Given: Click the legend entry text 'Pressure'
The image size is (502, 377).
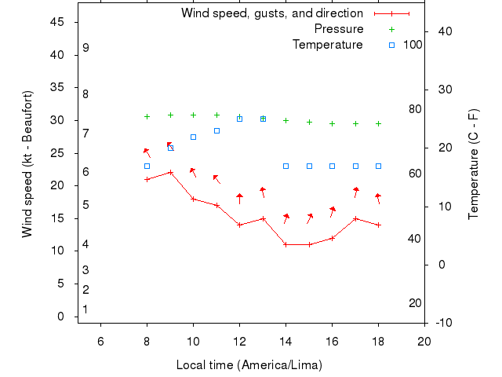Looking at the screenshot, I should (x=339, y=29).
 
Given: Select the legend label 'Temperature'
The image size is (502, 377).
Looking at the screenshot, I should (x=328, y=45).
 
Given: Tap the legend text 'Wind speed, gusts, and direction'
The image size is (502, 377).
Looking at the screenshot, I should (x=272, y=13).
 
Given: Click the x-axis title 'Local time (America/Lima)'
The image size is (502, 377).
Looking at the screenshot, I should (x=249, y=365).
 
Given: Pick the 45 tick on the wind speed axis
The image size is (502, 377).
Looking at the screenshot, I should (x=58, y=22).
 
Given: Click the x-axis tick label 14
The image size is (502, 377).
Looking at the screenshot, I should (x=286, y=340).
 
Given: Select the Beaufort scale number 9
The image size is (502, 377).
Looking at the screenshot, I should (x=85, y=48).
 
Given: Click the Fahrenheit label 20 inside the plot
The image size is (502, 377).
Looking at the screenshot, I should (x=416, y=303).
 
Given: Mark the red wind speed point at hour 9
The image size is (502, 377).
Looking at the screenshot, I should (x=170, y=173).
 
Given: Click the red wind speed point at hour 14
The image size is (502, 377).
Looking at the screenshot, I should (x=286, y=244).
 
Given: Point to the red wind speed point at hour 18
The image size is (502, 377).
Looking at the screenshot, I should (x=378, y=225).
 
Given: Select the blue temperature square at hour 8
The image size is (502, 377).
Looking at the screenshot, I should (x=147, y=166).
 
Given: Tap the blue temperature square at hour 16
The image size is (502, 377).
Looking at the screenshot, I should (x=332, y=166).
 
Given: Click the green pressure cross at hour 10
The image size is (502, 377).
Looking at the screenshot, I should (x=193, y=115).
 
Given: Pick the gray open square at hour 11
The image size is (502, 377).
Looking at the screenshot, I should (x=216, y=130).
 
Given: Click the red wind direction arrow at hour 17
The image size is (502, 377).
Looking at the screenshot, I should (x=355, y=192).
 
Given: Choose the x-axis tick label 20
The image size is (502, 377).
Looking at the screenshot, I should (x=424, y=340).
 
